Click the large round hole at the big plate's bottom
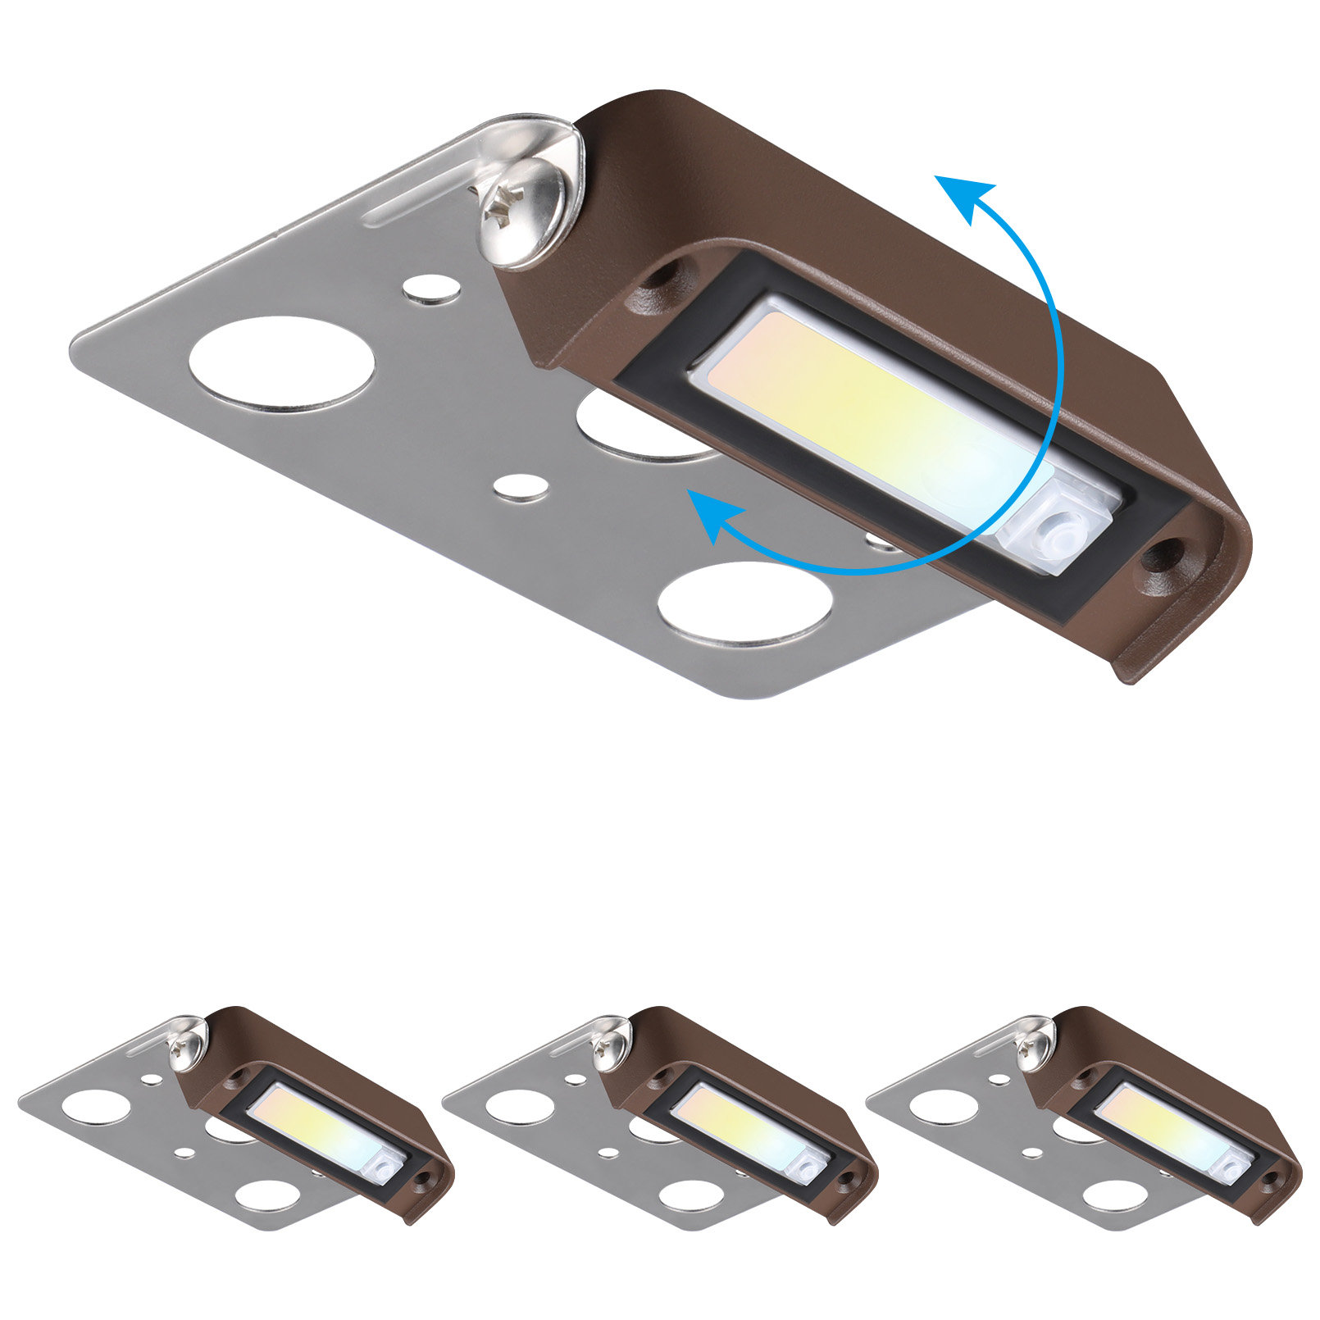tap(744, 603)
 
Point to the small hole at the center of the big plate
tap(522, 487)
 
